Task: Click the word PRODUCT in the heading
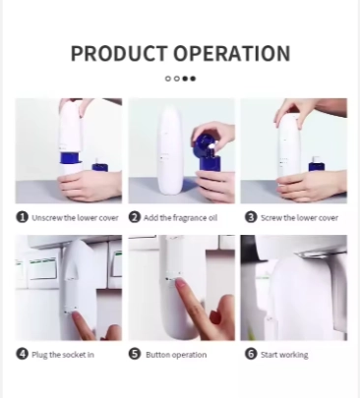click(118, 53)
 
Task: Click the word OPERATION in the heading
click(232, 53)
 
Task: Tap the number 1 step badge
click(23, 217)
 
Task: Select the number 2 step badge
click(135, 217)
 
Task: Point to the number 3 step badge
click(251, 217)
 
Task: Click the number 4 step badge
click(23, 354)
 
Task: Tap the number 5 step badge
click(135, 354)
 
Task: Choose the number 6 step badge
click(251, 354)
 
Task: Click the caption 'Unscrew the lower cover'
click(75, 218)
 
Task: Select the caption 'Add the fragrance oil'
click(180, 218)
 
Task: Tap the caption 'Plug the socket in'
click(63, 355)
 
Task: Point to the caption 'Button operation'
click(176, 355)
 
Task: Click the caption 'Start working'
click(284, 355)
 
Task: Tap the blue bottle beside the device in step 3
click(317, 164)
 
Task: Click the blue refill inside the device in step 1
click(71, 158)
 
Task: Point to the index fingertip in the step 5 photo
click(180, 283)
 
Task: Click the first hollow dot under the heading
click(168, 79)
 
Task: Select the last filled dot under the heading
click(193, 79)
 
